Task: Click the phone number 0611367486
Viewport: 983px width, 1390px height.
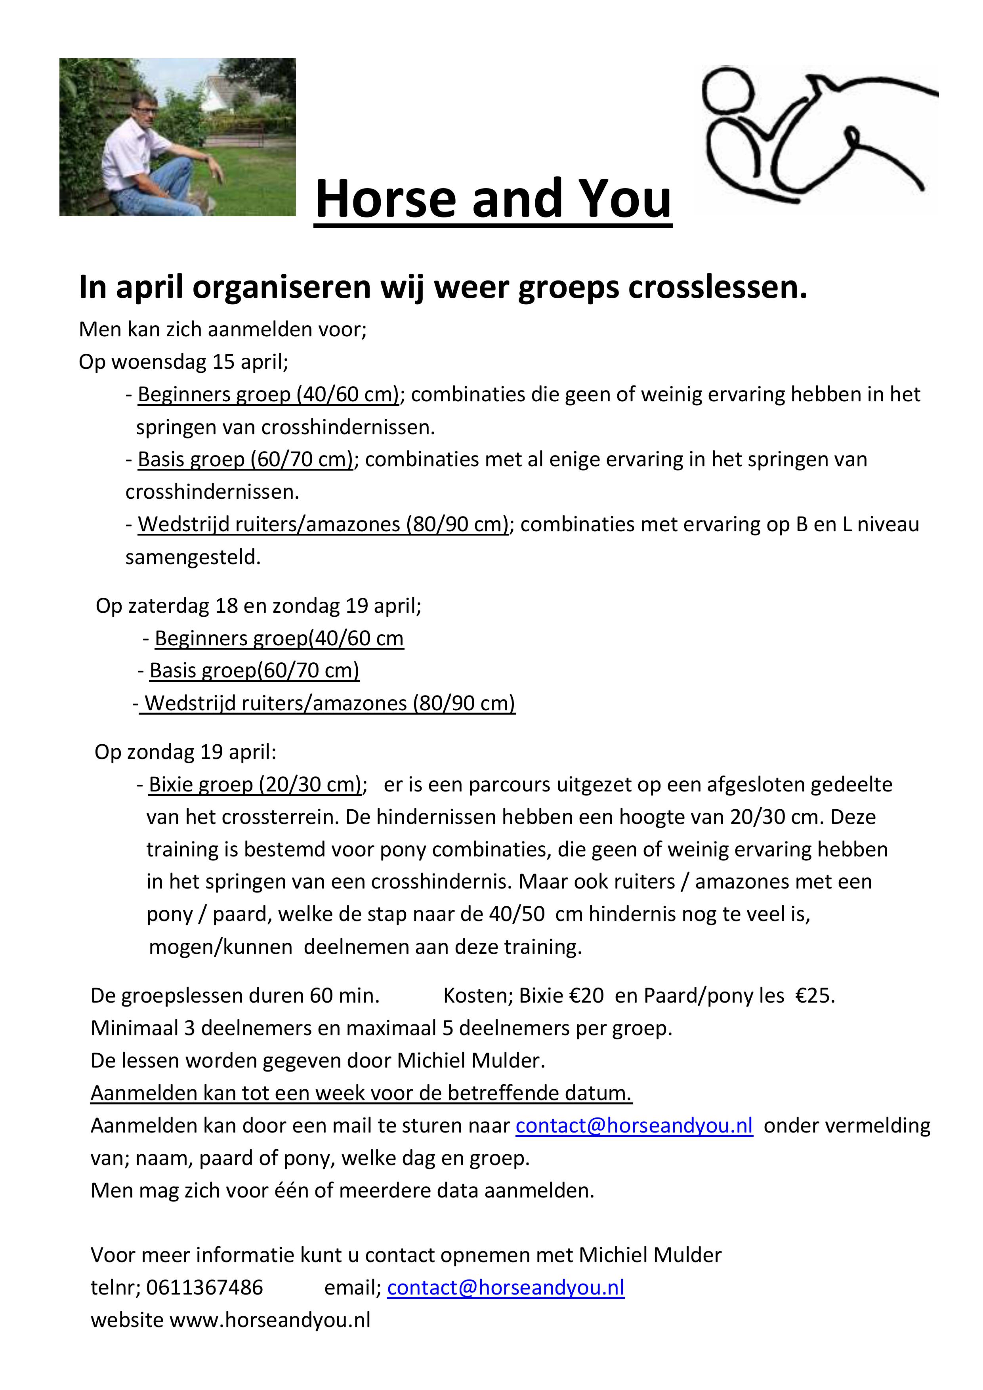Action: (x=205, y=1287)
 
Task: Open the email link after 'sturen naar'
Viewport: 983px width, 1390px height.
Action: (x=634, y=1125)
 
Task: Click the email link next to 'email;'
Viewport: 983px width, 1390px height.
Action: (x=506, y=1287)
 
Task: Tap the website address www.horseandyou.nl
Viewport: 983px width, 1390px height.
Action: (x=269, y=1320)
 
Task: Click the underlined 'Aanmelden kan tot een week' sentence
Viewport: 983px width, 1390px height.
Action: (x=361, y=1093)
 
